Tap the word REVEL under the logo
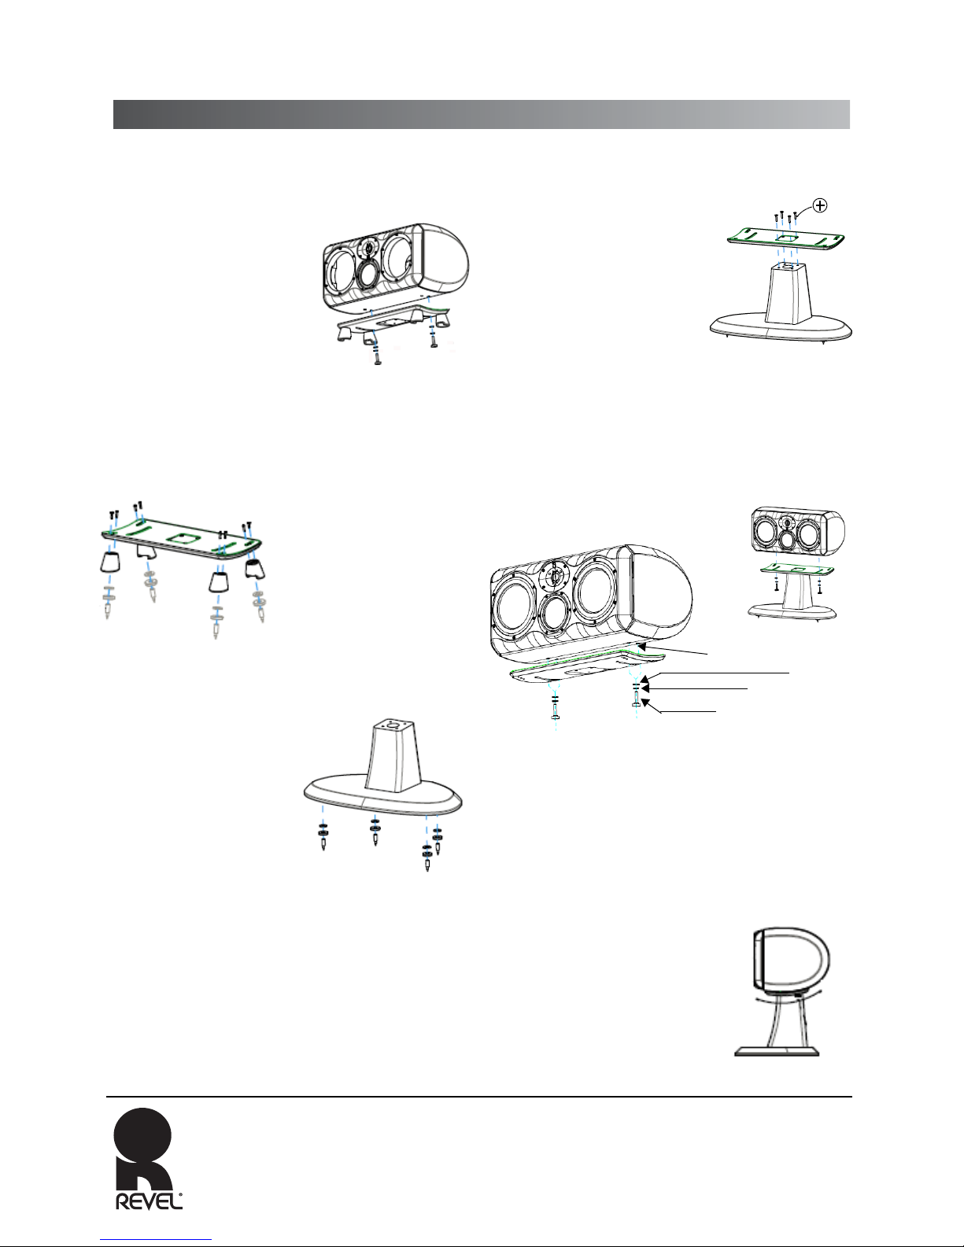(150, 1201)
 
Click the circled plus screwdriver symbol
(821, 205)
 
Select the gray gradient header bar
(481, 114)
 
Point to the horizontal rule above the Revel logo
(479, 1097)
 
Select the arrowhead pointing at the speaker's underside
(645, 647)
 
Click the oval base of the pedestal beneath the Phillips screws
(781, 327)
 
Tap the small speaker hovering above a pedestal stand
(798, 532)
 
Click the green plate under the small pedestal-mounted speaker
(796, 570)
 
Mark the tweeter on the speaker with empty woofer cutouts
(368, 249)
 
